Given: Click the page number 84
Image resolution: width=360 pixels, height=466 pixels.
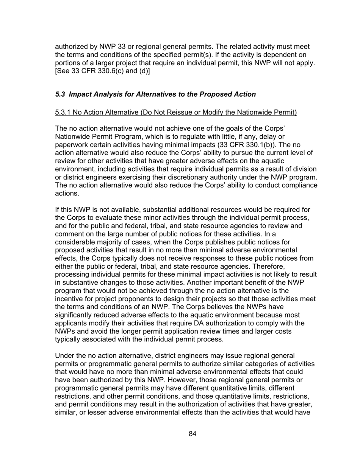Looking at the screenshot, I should click(193, 434).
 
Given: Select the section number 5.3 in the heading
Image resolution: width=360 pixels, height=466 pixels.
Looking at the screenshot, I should click(60, 94).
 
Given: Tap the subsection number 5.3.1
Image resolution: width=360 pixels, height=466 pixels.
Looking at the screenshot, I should click(63, 112).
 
